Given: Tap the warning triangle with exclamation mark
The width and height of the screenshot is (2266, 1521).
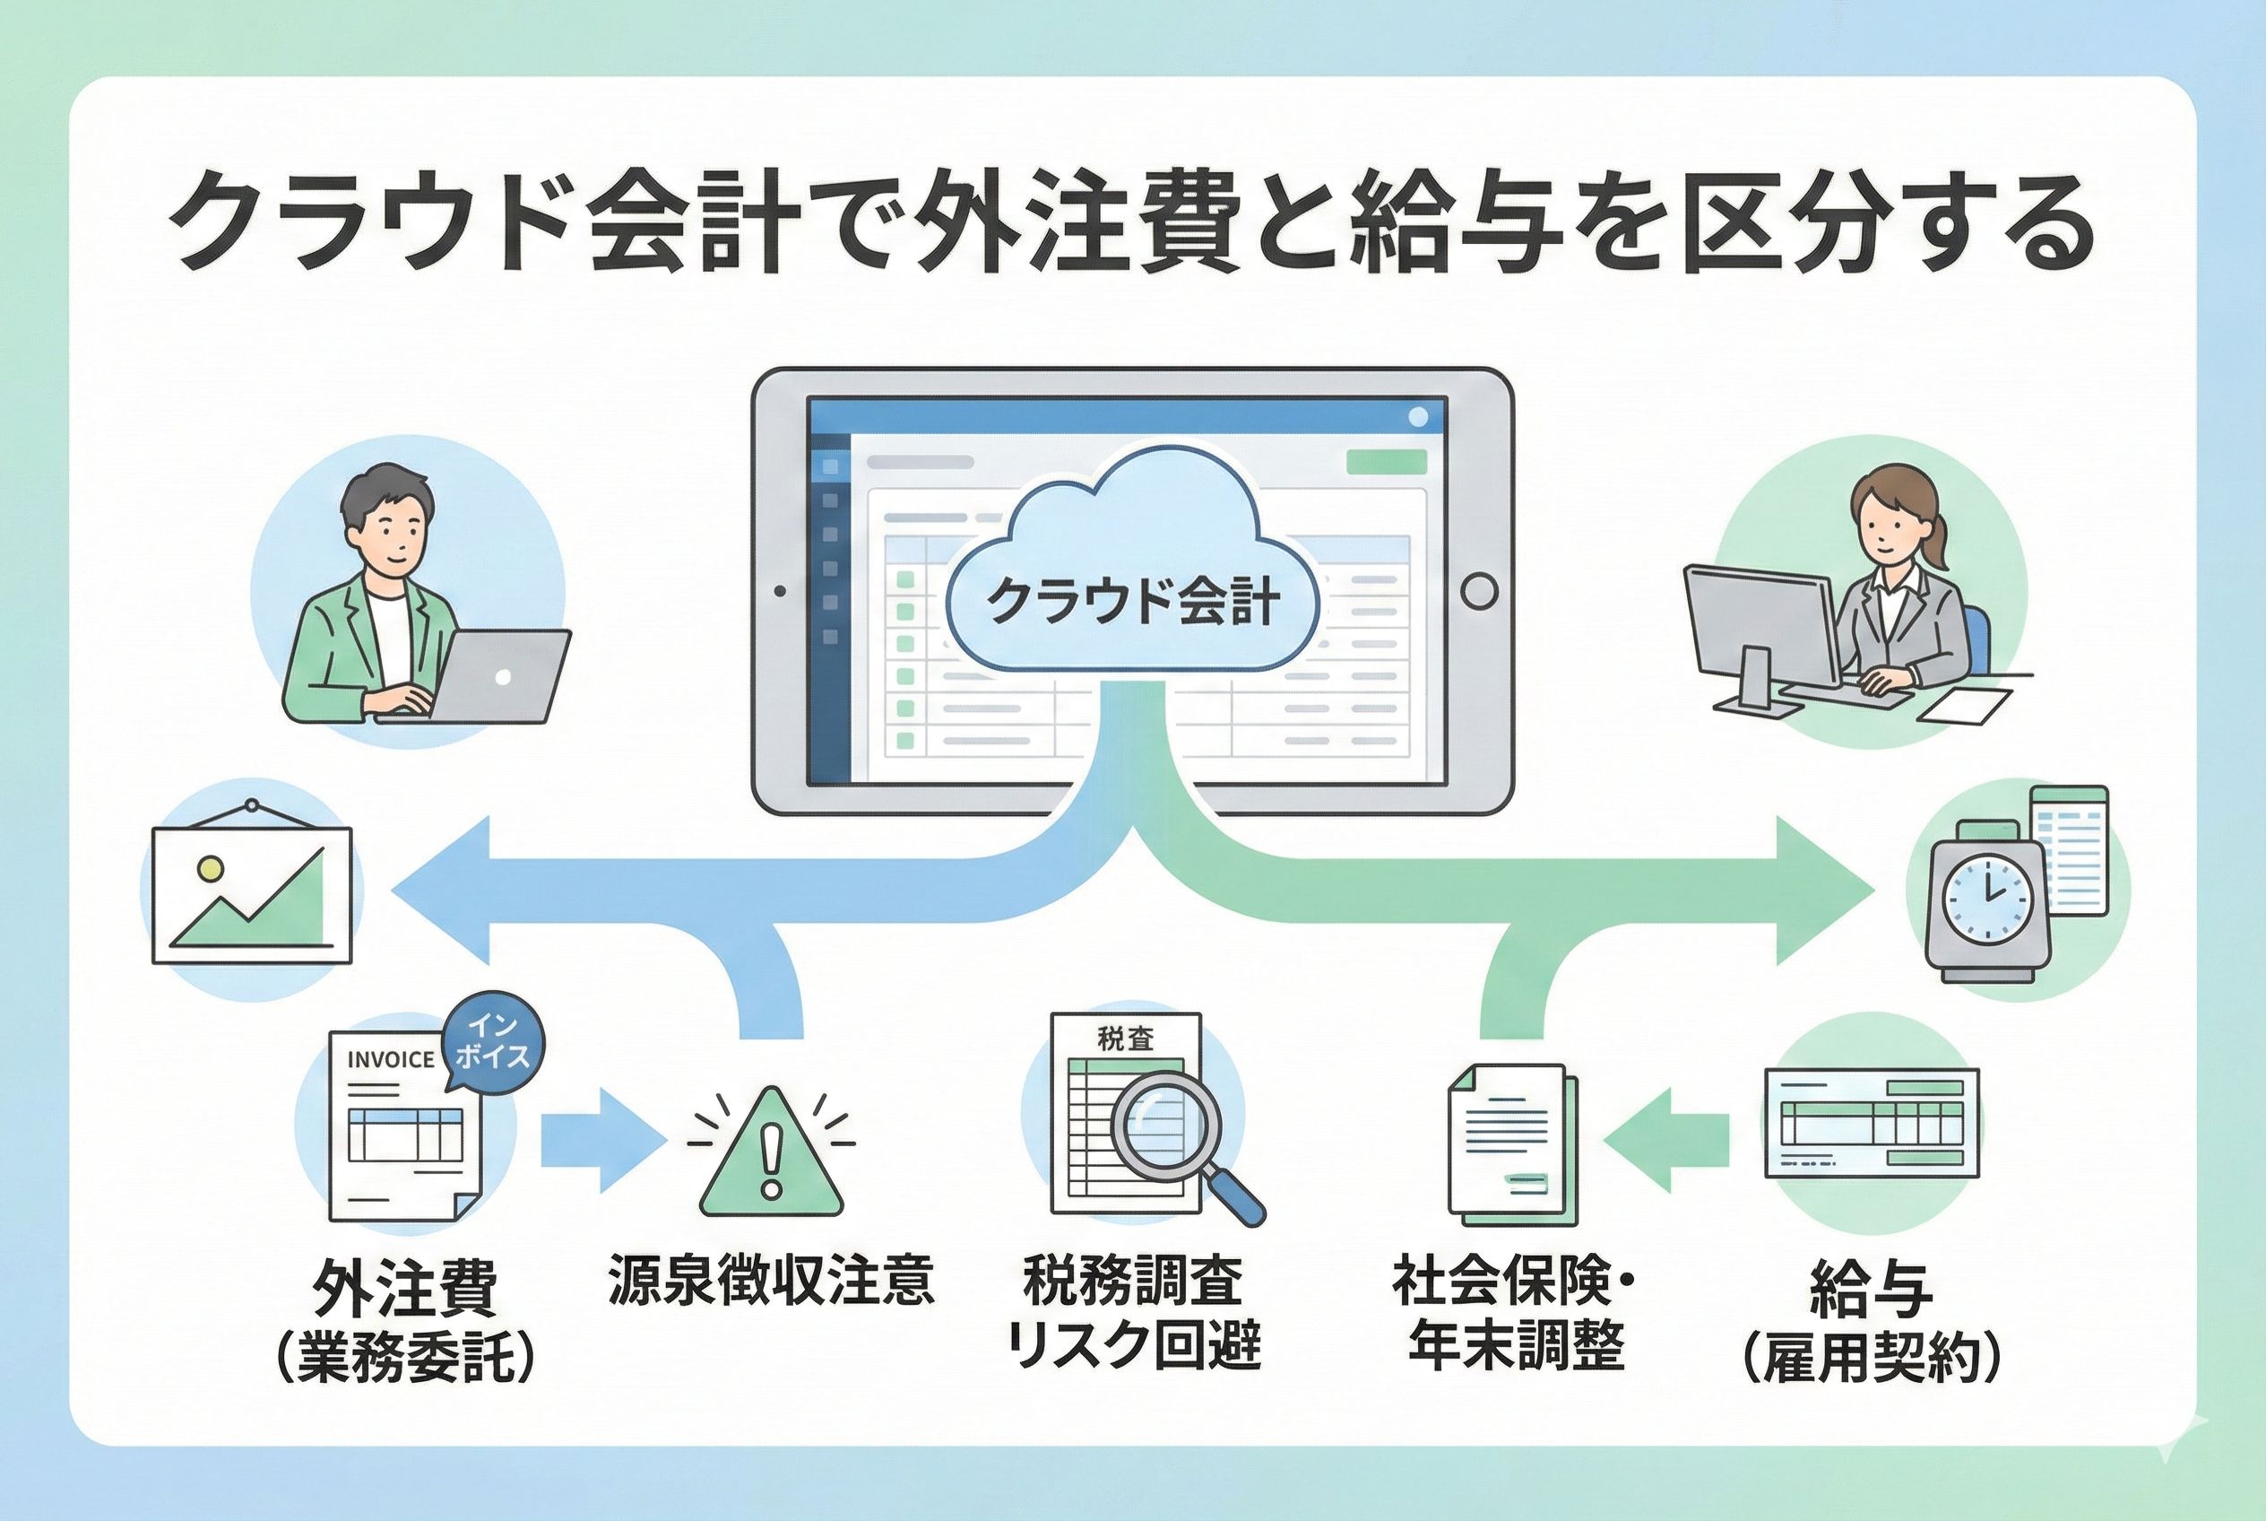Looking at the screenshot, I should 771,1157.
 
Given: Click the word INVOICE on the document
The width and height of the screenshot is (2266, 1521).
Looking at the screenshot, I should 391,1059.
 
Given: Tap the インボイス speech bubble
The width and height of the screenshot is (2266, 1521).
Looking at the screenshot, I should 493,1044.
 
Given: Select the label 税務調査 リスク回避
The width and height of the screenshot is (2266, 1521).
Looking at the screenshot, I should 1132,1312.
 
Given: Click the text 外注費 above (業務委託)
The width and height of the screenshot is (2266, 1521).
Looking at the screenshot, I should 404,1288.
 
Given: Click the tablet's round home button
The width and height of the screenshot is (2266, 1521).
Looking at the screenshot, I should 1479,590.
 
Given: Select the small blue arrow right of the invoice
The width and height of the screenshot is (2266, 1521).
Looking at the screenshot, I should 601,1141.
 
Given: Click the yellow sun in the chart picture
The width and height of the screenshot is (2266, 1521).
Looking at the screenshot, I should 209,868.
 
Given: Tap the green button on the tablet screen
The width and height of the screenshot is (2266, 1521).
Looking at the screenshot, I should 1387,462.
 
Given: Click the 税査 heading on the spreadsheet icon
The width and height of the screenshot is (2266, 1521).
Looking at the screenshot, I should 1126,1039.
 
